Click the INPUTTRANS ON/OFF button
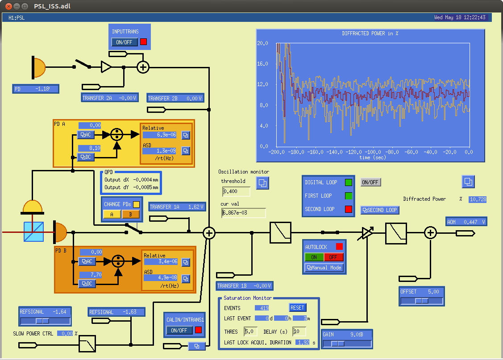point(125,42)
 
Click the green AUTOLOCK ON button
point(314,257)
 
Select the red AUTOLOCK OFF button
point(333,257)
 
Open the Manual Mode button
point(324,268)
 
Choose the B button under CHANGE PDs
point(131,214)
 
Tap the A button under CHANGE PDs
point(112,214)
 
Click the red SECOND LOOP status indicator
point(349,209)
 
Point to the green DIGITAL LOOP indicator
point(349,182)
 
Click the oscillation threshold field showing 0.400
point(236,191)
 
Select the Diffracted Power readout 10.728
point(478,199)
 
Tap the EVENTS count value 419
point(262,308)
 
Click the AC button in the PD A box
point(86,135)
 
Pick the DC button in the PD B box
point(87,284)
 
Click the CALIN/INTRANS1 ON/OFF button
point(179,330)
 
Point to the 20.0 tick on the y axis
point(262,43)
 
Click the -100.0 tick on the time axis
point(372,152)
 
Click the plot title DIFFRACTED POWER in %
point(370,33)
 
